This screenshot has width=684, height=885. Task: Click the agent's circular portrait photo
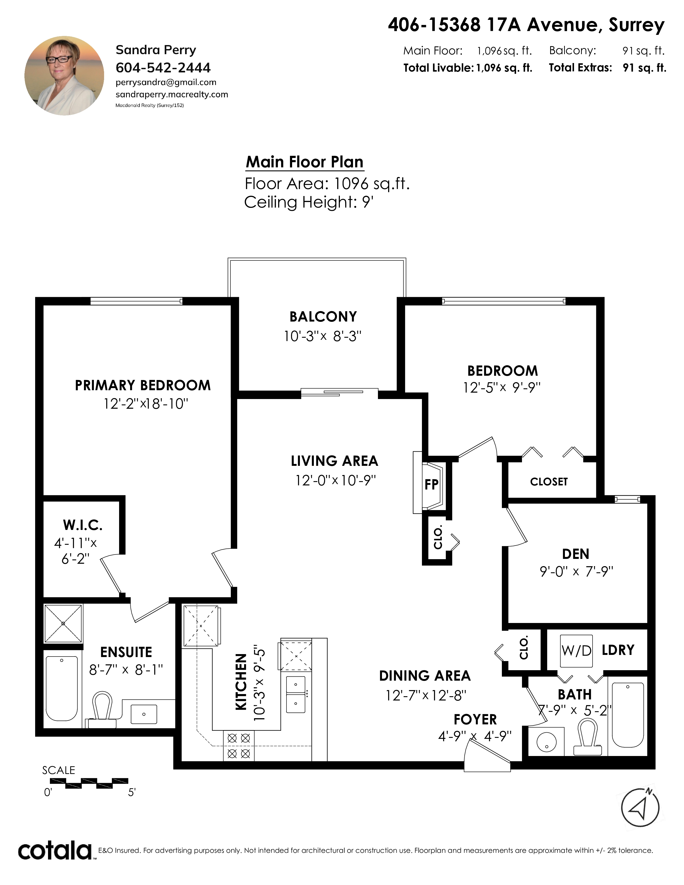coord(64,76)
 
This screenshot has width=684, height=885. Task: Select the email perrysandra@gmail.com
coord(166,82)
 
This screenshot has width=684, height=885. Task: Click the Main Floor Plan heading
coord(304,162)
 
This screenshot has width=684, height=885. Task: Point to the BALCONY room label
coord(323,316)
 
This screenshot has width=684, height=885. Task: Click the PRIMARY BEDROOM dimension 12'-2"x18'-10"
coord(146,404)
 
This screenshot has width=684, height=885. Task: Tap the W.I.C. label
coord(83,525)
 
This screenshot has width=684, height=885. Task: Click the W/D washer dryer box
coord(576,651)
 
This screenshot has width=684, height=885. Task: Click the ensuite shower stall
coord(63,624)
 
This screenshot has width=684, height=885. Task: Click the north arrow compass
coord(640,807)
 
